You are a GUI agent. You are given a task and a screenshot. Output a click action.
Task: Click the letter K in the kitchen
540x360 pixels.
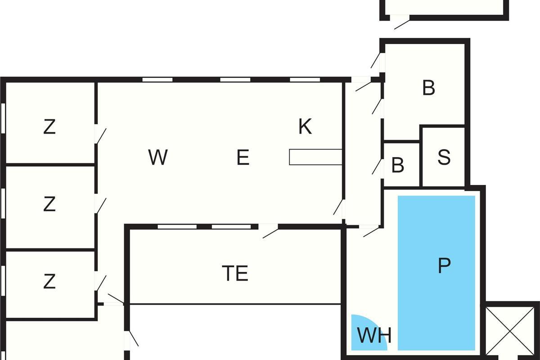(x=305, y=127)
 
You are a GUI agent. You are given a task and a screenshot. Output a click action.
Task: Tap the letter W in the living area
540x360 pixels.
(x=157, y=157)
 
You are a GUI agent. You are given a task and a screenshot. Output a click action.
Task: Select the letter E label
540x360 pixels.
(x=243, y=157)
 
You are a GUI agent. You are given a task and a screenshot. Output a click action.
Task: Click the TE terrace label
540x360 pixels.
(x=235, y=273)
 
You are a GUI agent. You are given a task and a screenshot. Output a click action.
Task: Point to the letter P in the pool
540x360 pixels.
(x=444, y=266)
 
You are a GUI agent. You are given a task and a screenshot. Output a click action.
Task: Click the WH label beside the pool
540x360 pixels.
(x=374, y=335)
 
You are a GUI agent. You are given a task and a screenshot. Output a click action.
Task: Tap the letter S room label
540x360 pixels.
(x=444, y=157)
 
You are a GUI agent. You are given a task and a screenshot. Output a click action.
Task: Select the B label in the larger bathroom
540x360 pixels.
(x=428, y=88)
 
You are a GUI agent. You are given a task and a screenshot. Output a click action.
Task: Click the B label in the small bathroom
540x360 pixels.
(x=398, y=166)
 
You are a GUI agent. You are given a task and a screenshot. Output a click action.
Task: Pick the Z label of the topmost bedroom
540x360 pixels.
(x=49, y=127)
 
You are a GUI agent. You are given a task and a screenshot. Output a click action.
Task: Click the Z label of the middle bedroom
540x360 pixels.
(x=49, y=205)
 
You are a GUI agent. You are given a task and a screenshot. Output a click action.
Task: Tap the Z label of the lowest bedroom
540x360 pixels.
(x=49, y=282)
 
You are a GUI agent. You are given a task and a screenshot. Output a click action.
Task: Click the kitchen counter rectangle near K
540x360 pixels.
(x=315, y=157)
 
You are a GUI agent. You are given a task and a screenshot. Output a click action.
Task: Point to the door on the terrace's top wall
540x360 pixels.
(x=270, y=231)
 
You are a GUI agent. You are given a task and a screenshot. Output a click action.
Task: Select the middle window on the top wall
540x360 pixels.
(x=235, y=80)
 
